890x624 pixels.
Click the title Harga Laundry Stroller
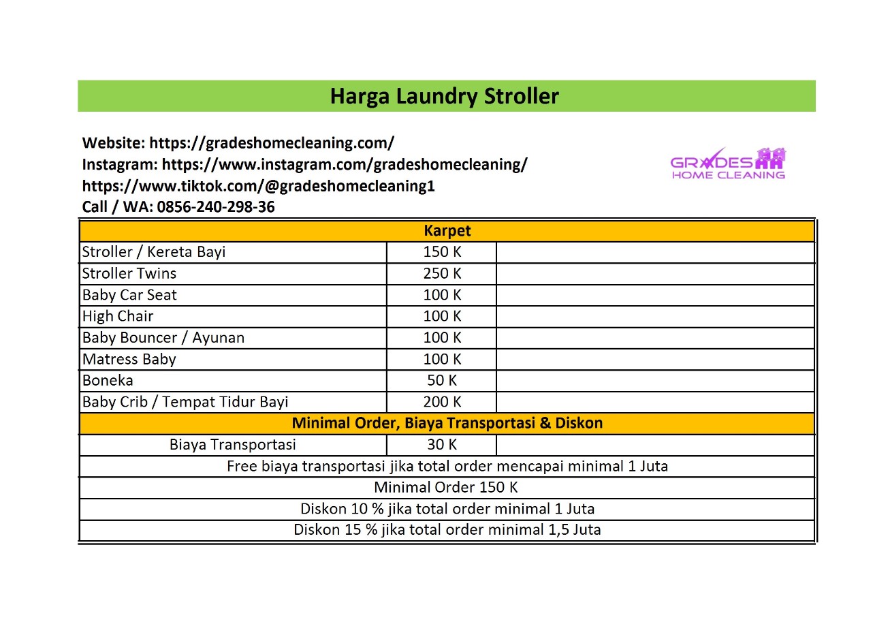444,96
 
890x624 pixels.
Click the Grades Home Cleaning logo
727,164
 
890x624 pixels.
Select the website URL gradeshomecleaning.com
271,143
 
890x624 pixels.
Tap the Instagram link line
304,164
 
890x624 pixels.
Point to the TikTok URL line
258,186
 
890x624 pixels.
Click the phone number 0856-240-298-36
216,207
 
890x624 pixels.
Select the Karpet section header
447,231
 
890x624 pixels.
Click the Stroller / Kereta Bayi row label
154,252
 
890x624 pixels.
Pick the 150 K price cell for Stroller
442,252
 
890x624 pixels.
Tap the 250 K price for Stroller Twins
442,274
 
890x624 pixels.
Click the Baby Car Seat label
129,295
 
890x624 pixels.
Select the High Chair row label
118,316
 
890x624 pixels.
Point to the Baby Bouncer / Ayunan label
163,338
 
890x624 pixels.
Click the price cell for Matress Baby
442,359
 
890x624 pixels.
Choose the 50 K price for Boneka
442,380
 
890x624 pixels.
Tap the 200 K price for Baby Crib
442,402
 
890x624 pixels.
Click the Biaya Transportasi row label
233,445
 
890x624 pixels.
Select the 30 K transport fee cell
442,445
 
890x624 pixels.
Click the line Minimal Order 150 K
446,488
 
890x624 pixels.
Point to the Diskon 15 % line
447,530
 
